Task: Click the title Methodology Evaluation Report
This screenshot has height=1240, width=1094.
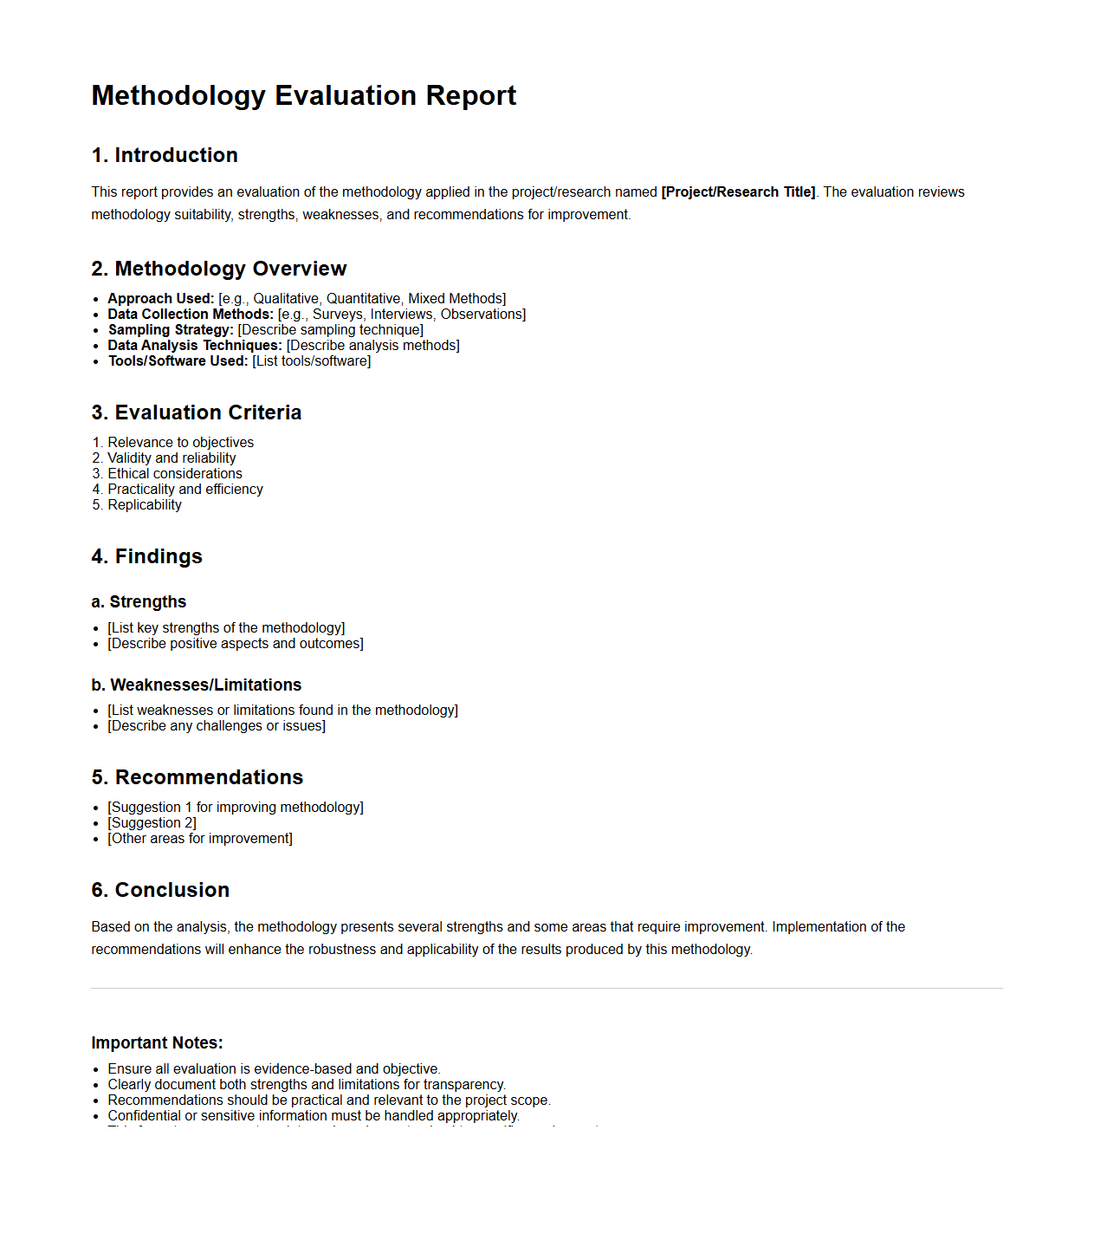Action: pos(303,95)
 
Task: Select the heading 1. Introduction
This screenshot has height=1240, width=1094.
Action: pos(165,155)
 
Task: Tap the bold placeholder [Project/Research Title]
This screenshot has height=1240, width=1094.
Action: pos(738,192)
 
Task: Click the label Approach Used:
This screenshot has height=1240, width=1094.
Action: pos(160,299)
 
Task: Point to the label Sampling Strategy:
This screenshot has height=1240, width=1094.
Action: pos(171,330)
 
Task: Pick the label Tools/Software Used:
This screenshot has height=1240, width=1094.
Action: pos(178,361)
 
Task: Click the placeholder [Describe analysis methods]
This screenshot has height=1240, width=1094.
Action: pos(372,346)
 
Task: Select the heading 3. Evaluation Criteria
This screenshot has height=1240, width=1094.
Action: pos(197,412)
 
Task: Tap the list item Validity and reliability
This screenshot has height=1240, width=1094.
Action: pos(172,458)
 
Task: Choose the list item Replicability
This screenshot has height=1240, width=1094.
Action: pos(145,505)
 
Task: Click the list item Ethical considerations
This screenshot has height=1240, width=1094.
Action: pos(175,474)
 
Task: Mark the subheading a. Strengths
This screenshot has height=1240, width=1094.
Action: pos(139,602)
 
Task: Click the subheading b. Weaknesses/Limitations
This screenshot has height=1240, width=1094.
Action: pos(197,685)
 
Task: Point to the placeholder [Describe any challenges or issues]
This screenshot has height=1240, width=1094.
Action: pos(217,726)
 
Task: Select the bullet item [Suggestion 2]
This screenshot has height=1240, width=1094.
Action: pos(152,823)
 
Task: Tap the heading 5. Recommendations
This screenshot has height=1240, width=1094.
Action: pos(197,777)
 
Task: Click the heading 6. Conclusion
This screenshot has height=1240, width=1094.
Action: pos(160,890)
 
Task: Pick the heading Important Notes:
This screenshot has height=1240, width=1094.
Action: pos(157,1043)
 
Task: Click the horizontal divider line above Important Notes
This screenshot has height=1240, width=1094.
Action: pos(547,988)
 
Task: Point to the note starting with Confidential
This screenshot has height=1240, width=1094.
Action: pos(313,1116)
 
